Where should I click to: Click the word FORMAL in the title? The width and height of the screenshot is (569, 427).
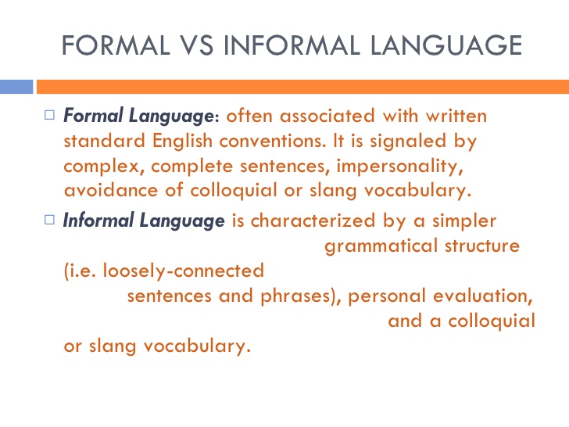point(116,45)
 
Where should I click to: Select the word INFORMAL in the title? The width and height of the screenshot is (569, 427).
point(292,45)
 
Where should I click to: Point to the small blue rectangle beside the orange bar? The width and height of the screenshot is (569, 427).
point(16,87)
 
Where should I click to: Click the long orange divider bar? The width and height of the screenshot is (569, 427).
point(302,87)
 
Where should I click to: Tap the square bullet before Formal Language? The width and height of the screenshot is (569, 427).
point(49,115)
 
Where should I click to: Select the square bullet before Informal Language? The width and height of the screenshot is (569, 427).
point(49,220)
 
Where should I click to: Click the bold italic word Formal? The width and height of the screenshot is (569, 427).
point(93,116)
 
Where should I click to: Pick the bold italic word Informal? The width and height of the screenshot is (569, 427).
point(98,220)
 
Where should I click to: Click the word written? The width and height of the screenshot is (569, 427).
point(456,116)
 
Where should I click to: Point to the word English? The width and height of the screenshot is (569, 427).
point(182,141)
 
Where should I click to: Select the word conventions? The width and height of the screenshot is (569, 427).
point(273,141)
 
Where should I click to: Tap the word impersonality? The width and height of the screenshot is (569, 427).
point(400,167)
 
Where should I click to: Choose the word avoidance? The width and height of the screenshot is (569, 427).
point(111,190)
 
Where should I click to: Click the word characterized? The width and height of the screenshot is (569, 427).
point(313,221)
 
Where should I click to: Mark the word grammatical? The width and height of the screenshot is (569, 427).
point(381,246)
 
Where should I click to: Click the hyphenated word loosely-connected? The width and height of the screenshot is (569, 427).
point(184,271)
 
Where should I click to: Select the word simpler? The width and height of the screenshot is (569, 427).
point(464,221)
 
